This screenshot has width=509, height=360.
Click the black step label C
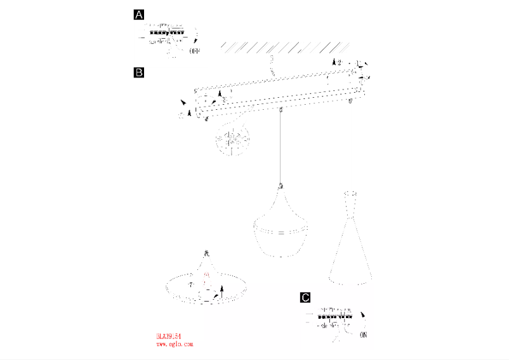pyautogui.click(x=306, y=297)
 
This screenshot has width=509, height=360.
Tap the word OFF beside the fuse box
pyautogui.click(x=195, y=51)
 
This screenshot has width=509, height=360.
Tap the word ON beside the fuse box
pyautogui.click(x=364, y=334)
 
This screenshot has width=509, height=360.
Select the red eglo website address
pyautogui.click(x=174, y=344)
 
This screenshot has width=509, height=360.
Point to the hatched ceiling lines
pyautogui.click(x=285, y=46)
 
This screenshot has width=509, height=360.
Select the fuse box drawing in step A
pyautogui.click(x=167, y=34)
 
